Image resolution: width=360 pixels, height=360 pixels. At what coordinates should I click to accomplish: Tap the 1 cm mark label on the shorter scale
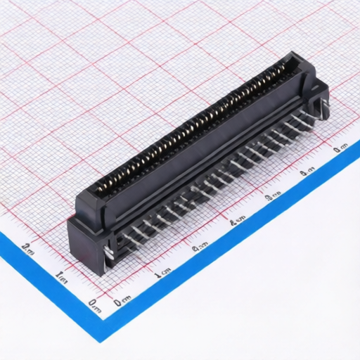(x=61, y=276)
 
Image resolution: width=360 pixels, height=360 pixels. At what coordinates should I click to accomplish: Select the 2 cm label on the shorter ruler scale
(x=29, y=247)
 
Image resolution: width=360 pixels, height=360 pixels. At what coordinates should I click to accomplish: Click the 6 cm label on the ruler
(x=341, y=148)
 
